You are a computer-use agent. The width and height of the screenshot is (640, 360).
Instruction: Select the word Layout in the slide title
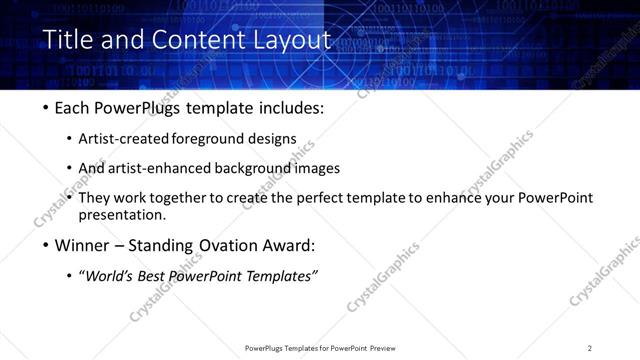coord(290,41)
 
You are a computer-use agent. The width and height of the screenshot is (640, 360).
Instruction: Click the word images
coord(317,168)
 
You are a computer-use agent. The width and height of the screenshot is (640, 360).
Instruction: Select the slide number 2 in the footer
coord(589,347)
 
